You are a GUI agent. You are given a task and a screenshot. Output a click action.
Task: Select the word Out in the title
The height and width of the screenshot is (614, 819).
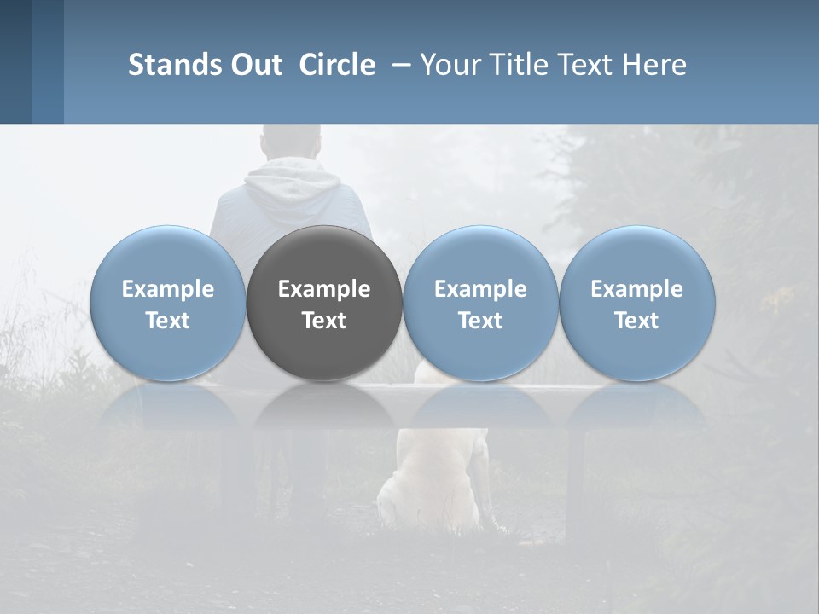point(253,65)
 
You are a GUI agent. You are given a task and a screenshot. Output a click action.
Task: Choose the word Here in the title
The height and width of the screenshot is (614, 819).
point(654,65)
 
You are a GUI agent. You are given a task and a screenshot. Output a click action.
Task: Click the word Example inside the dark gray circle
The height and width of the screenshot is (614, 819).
point(324,289)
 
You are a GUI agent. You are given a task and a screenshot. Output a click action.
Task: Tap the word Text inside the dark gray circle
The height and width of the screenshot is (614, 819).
point(324,321)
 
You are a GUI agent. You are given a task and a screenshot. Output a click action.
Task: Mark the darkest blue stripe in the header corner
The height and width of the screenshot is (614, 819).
point(15,61)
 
